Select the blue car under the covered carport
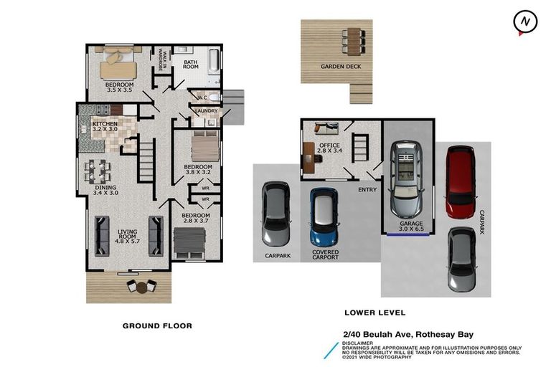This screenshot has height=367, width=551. (324, 216)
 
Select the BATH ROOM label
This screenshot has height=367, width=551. (190, 65)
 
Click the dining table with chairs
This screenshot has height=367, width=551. (98, 171)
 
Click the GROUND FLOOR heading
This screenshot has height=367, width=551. (157, 325)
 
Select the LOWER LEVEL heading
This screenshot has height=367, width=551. (375, 313)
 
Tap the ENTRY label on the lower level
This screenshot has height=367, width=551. (367, 189)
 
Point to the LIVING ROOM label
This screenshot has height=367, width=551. (131, 234)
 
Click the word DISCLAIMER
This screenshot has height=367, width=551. (359, 343)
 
